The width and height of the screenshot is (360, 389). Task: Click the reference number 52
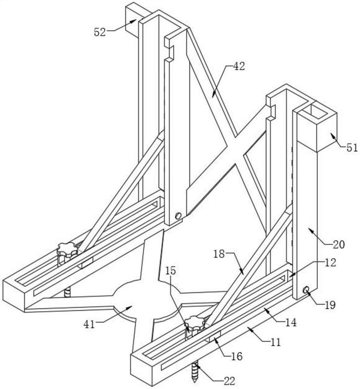click(100, 32)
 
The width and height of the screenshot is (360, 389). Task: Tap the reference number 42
click(238, 66)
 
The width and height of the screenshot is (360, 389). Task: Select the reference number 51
click(352, 148)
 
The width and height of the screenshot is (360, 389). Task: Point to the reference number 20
click(339, 245)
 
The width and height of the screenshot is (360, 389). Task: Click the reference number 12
click(330, 263)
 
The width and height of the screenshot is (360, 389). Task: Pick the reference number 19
click(330, 305)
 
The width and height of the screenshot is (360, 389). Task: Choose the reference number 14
click(291, 322)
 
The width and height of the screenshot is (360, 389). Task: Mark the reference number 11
click(275, 342)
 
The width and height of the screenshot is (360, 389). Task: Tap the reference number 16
click(236, 356)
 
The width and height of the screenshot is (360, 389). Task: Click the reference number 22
click(229, 381)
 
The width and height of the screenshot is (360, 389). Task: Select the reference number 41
click(89, 324)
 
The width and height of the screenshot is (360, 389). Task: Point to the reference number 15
click(171, 271)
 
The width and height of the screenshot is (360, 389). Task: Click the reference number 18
click(219, 254)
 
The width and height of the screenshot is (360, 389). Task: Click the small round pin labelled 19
click(306, 289)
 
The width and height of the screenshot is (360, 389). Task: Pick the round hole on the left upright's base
click(178, 215)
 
